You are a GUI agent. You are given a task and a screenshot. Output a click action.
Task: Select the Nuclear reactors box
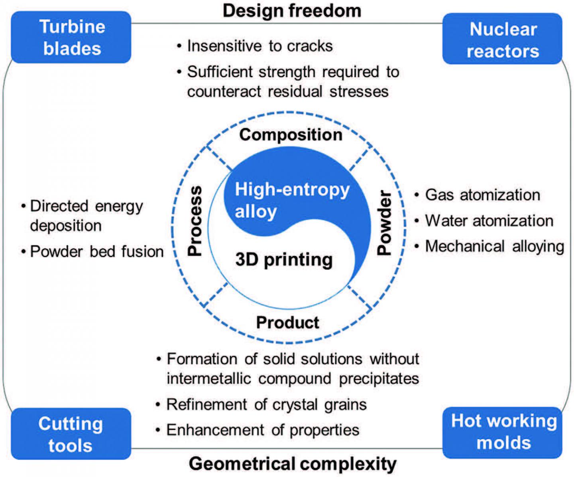(x=502, y=40)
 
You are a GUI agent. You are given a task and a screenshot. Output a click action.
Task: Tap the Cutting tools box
(x=71, y=434)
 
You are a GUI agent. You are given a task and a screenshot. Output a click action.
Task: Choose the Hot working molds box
(x=503, y=432)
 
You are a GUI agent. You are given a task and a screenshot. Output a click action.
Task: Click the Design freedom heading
(x=292, y=11)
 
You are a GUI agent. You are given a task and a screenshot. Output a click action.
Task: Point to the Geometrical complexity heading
(x=293, y=464)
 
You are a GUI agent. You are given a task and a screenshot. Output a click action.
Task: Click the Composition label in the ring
(x=291, y=135)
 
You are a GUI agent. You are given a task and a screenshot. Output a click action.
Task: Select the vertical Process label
(x=195, y=221)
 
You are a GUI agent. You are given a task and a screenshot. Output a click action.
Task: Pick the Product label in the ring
(x=287, y=323)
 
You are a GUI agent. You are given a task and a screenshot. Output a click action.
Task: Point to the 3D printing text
(x=284, y=259)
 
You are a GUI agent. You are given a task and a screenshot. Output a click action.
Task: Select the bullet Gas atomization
(x=482, y=195)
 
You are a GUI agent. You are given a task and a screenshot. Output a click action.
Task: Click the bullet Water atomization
(x=489, y=221)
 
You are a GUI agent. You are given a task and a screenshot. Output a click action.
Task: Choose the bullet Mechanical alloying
(x=494, y=246)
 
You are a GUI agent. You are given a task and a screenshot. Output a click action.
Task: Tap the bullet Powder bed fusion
(x=97, y=252)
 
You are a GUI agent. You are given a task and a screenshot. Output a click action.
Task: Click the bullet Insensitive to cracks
(x=259, y=46)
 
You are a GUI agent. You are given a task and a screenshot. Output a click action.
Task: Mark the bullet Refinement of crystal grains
(x=266, y=405)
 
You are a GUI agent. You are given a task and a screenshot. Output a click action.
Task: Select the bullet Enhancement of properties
(x=263, y=430)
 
